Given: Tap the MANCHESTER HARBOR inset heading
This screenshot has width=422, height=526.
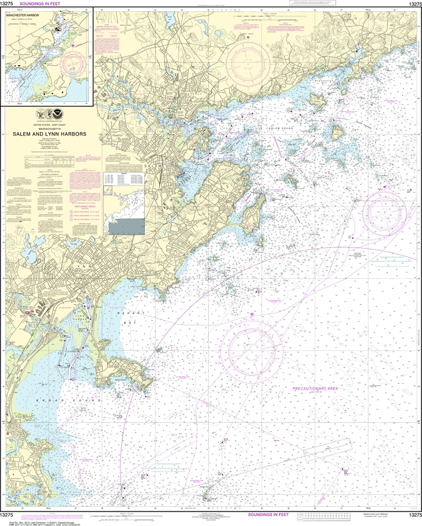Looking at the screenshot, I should [x=30, y=15].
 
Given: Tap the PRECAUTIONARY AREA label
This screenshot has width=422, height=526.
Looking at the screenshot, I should [x=315, y=389].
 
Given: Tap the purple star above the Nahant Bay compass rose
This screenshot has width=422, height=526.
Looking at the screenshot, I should [x=252, y=314].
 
